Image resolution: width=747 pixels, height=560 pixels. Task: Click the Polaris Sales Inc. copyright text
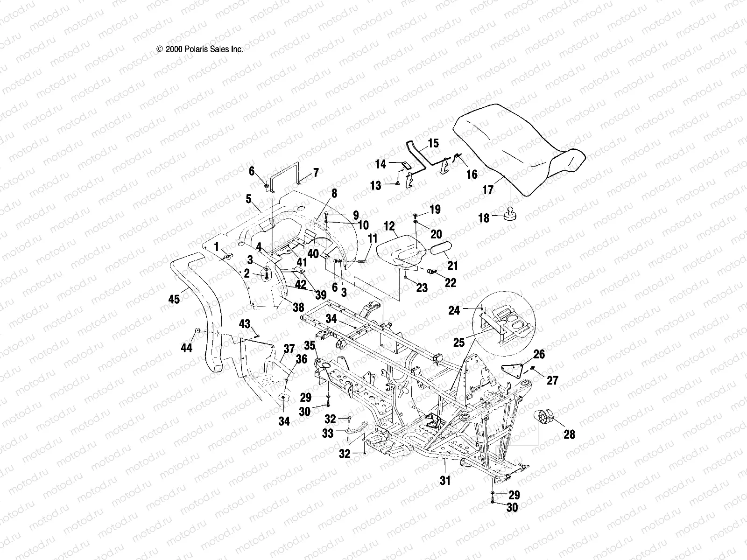[200, 49]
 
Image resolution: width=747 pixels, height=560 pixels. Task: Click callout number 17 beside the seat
[487, 190]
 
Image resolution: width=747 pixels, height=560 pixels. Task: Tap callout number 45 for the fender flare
[174, 299]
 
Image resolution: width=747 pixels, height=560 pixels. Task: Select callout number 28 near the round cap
[569, 434]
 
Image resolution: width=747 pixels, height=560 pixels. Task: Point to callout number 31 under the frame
[445, 479]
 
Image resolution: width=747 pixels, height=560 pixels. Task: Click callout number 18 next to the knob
[484, 217]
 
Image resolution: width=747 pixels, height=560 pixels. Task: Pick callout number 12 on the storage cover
[389, 226]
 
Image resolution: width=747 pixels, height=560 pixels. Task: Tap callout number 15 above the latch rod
[433, 143]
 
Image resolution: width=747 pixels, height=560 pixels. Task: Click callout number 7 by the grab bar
[316, 173]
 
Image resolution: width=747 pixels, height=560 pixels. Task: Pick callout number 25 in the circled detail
[459, 343]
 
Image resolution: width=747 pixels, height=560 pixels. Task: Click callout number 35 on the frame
[310, 346]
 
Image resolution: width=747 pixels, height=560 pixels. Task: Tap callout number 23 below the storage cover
[422, 288]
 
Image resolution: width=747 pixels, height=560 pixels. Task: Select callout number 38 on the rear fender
[298, 307]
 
